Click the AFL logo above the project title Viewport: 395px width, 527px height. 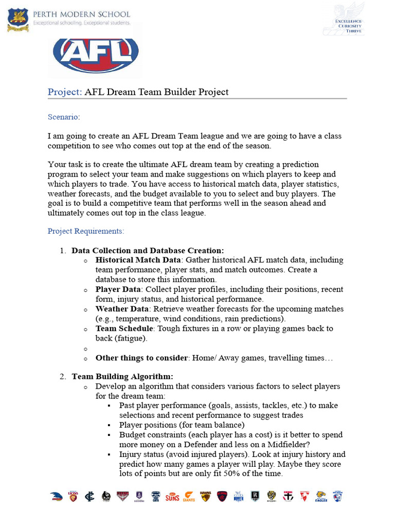(x=96, y=53)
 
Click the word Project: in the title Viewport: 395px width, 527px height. (x=65, y=92)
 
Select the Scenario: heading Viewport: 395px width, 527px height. (x=64, y=117)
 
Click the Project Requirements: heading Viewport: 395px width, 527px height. (x=86, y=231)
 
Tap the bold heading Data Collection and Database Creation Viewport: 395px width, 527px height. (x=148, y=251)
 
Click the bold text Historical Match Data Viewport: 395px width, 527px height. (x=138, y=260)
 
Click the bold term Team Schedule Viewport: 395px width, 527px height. (x=124, y=329)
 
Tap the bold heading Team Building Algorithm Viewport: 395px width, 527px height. (x=122, y=377)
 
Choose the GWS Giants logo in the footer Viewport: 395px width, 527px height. (x=189, y=497)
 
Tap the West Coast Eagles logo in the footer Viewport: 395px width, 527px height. (x=321, y=497)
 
